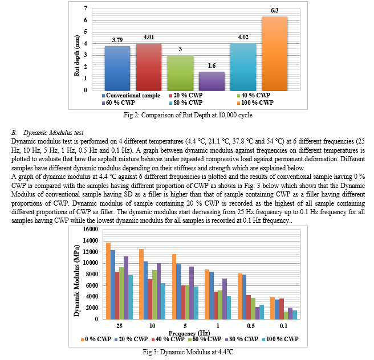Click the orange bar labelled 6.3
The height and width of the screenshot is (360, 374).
(275, 54)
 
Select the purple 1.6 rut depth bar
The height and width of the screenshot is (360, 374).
(212, 81)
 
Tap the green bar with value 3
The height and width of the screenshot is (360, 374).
(180, 73)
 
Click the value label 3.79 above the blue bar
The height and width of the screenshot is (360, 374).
(117, 40)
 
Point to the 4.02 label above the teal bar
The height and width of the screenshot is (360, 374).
(243, 37)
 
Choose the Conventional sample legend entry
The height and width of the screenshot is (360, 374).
(131, 96)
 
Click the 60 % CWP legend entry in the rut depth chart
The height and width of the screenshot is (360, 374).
(119, 103)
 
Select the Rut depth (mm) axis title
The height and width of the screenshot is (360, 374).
(76, 56)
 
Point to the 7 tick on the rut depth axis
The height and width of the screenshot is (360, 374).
(86, 9)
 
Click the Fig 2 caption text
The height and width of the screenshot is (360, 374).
(188, 115)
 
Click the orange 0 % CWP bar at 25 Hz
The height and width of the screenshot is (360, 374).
(108, 281)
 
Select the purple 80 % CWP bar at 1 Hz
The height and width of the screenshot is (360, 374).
(225, 299)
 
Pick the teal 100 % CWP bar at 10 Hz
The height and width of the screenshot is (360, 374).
(163, 301)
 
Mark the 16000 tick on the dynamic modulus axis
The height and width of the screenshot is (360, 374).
(91, 229)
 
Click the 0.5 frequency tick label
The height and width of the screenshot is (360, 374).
(251, 326)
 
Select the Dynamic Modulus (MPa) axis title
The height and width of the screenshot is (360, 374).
(76, 280)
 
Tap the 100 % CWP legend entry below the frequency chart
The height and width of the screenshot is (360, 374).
(280, 339)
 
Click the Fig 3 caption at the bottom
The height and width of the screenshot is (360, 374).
(188, 352)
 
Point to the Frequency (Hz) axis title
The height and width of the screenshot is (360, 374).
(189, 333)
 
